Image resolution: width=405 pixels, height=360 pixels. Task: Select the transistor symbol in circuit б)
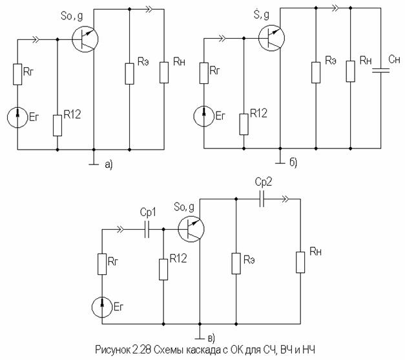pyautogui.click(x=271, y=38)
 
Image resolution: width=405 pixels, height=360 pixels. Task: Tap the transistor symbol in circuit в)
pyautogui.click(x=191, y=229)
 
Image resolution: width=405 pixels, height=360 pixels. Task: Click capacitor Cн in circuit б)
pyautogui.click(x=380, y=70)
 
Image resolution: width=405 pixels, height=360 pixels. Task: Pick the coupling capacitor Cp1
pyautogui.click(x=147, y=229)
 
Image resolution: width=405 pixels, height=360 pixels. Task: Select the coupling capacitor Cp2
pyautogui.click(x=262, y=199)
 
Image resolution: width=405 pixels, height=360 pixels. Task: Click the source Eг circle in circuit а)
pyautogui.click(x=17, y=117)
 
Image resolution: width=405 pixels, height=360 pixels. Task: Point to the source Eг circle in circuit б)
pyautogui.click(x=203, y=116)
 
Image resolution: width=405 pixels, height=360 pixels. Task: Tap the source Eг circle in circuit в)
pyautogui.click(x=102, y=307)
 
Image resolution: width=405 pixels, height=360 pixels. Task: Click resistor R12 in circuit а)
pyautogui.click(x=57, y=126)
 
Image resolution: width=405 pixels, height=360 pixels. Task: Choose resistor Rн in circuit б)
pyautogui.click(x=351, y=72)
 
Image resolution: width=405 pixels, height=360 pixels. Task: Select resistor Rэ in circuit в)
pyautogui.click(x=236, y=263)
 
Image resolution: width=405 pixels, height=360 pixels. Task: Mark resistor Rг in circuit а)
pyautogui.click(x=17, y=74)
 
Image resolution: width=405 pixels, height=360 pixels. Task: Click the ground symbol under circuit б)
pyautogui.click(x=280, y=160)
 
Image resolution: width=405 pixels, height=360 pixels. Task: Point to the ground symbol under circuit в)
pyautogui.click(x=200, y=335)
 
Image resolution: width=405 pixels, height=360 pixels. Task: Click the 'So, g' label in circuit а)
pyautogui.click(x=72, y=17)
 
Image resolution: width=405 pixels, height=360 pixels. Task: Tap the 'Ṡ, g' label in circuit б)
pyautogui.click(x=261, y=14)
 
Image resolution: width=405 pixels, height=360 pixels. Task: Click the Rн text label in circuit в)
pyautogui.click(x=316, y=252)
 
